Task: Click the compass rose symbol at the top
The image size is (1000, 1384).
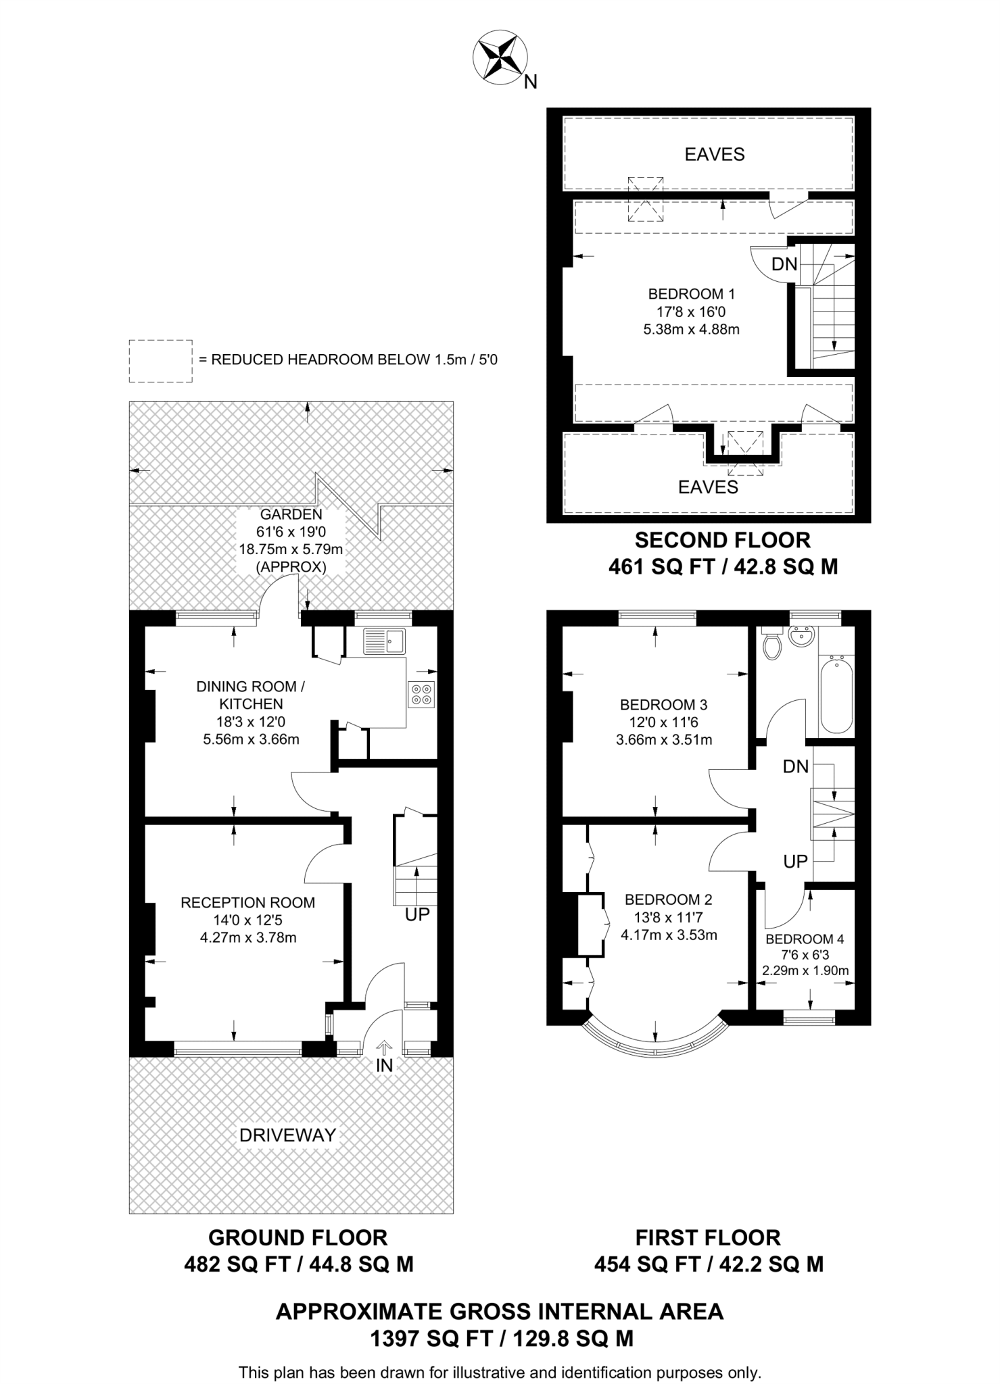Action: [500, 58]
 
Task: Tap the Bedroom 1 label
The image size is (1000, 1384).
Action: [691, 294]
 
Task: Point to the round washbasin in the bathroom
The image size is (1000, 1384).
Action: [802, 637]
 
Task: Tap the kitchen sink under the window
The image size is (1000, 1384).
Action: [384, 641]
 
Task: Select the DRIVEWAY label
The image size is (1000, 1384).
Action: [288, 1135]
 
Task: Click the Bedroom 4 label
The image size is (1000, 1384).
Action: [805, 939]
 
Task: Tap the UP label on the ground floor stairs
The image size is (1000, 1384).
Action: [417, 915]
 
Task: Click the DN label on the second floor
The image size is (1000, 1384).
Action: [784, 264]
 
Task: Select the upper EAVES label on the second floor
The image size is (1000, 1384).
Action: [715, 155]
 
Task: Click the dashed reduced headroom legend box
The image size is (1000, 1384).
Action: [160, 361]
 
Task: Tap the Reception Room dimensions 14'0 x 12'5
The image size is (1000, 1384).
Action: [248, 920]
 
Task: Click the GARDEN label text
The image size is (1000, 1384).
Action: [291, 514]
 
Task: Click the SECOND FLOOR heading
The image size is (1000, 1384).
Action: [722, 540]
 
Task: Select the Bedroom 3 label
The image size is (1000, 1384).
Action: [663, 705]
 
